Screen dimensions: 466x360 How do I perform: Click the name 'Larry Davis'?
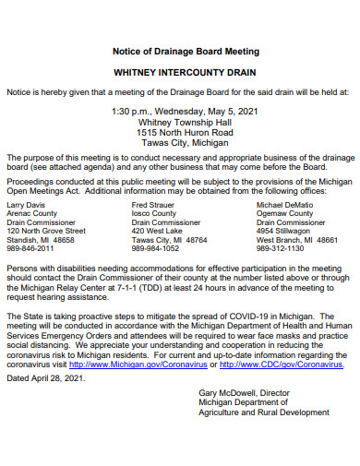(x=26, y=204)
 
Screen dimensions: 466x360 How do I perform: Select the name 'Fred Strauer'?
(x=153, y=204)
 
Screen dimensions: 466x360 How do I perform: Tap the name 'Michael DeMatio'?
(x=284, y=204)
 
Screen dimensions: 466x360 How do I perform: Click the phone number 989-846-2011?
(x=32, y=248)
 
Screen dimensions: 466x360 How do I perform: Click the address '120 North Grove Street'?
(x=46, y=231)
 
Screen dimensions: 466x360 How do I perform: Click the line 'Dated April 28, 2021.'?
(x=44, y=377)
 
